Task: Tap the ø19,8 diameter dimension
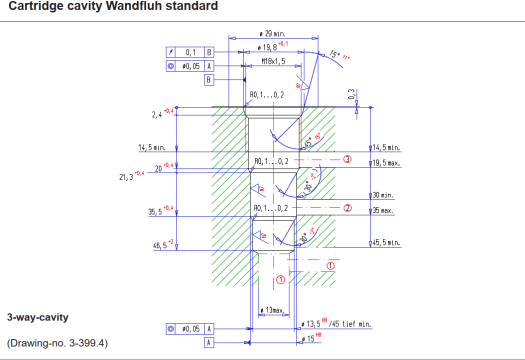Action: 269,46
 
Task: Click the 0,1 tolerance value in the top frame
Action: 189,50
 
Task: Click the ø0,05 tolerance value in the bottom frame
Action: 190,328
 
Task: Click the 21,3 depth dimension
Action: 125,176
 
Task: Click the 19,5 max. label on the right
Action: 385,162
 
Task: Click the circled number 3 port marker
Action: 347,158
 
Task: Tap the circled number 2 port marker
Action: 347,208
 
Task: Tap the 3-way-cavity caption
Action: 37,317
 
